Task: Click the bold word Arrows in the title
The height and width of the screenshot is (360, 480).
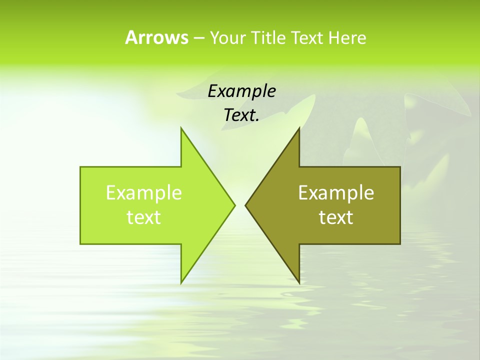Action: pos(156,37)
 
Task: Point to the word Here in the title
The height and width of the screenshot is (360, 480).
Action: pos(347,38)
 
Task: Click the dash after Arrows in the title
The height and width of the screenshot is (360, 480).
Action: pos(199,38)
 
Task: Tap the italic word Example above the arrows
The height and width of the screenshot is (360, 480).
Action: pos(241,91)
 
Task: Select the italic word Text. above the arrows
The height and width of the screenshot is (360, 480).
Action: pos(241,115)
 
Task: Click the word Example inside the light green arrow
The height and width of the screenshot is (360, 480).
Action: pos(143,193)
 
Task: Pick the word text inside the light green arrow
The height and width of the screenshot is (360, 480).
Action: pos(143,217)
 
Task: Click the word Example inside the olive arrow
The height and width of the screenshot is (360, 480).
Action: pos(336,193)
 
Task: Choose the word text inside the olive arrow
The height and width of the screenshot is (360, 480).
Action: pos(336,217)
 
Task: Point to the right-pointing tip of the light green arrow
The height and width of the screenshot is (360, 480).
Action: pos(235,205)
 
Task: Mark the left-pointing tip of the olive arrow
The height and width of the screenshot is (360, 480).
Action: pos(245,205)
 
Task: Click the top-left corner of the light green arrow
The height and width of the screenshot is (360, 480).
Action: pos(80,167)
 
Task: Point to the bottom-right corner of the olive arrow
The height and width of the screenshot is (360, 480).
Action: pos(400,243)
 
